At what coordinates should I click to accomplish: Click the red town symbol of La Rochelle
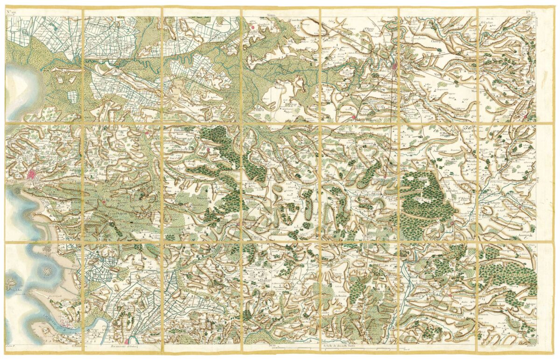tap(32, 175)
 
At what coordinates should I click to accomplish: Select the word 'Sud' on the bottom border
tap(274, 346)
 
